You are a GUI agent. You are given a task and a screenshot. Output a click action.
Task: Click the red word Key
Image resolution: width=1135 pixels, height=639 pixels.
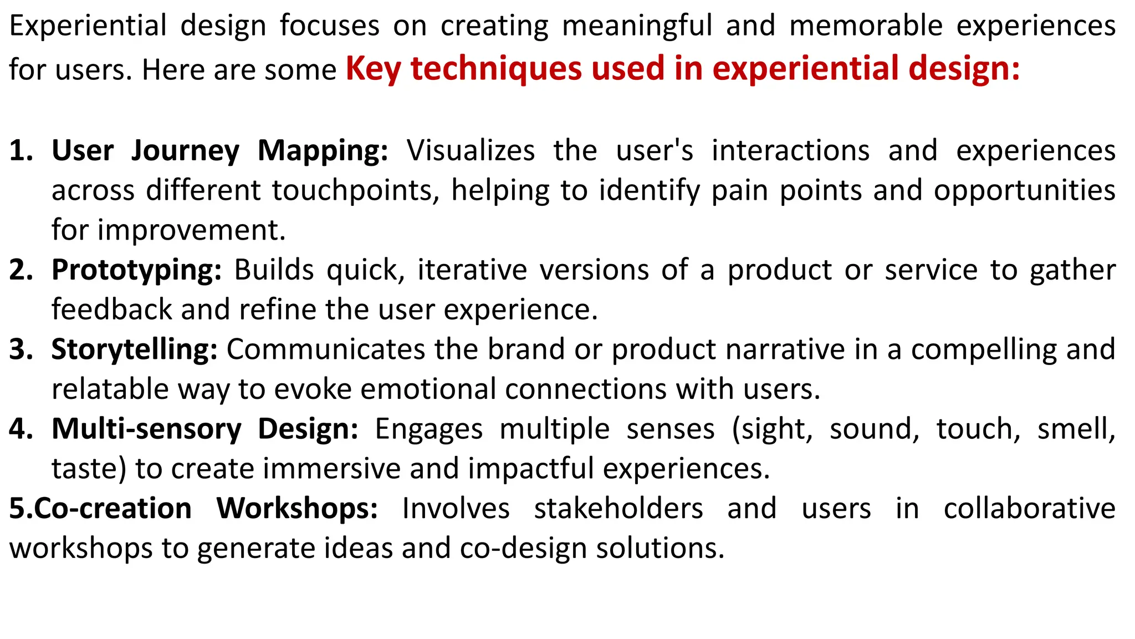(374, 69)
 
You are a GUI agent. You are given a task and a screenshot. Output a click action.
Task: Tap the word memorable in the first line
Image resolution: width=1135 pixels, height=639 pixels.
(866, 26)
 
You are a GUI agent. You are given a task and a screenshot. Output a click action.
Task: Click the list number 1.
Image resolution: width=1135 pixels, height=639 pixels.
(21, 151)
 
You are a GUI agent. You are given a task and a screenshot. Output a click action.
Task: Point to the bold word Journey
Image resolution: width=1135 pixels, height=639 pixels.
(185, 151)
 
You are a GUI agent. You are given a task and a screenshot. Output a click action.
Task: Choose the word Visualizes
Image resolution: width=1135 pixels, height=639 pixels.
(471, 151)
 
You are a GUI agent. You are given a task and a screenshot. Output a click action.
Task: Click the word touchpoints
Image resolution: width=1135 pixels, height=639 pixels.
(355, 190)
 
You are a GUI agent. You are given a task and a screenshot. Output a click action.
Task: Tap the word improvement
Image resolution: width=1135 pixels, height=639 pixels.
(192, 230)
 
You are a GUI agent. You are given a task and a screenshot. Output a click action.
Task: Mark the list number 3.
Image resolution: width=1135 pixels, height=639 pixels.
(21, 349)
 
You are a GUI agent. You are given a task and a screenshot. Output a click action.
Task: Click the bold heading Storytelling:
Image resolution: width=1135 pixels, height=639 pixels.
(134, 349)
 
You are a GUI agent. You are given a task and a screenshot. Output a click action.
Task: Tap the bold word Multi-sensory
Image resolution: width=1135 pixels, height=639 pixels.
(146, 429)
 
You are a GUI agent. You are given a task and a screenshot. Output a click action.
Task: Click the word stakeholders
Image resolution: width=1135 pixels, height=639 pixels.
(618, 509)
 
